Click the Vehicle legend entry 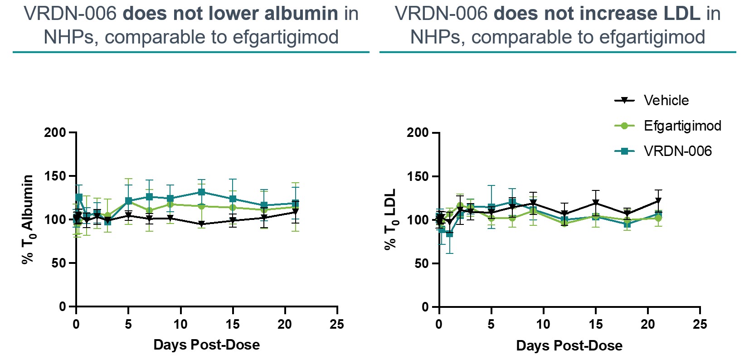coord(666,100)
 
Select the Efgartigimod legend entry coord(682,126)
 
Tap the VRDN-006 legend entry coord(677,151)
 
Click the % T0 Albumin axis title coord(28,219)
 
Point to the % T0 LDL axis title coord(390,219)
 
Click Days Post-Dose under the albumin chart coord(206,345)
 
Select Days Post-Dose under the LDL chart coord(569,345)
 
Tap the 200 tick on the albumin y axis coord(55,132)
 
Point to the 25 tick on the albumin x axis coord(337,324)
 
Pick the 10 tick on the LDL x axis coord(543,324)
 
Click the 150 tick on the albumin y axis coord(55,176)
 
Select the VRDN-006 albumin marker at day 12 coord(201,192)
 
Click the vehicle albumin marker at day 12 coord(201,224)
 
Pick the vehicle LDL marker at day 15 coord(596,202)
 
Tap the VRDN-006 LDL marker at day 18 coord(627,224)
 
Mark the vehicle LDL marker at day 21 coord(658,201)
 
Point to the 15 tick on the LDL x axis coord(596,324)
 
